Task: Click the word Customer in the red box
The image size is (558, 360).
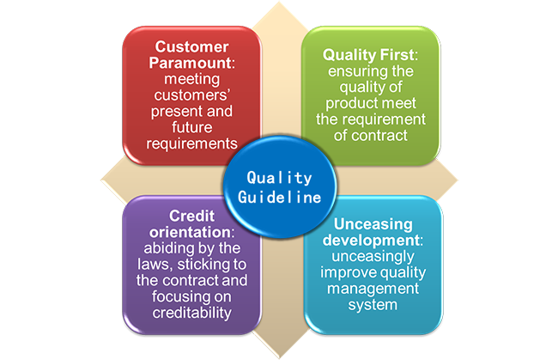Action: tap(191, 47)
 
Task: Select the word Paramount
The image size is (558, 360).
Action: tap(190, 63)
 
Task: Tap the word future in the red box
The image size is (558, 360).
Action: tap(192, 127)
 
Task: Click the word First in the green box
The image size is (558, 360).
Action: tap(397, 55)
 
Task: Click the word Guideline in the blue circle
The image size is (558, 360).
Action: tap(279, 198)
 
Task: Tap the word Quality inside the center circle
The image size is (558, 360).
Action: tap(279, 178)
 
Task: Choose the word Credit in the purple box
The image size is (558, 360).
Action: tap(191, 216)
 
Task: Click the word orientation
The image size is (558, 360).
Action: tap(190, 232)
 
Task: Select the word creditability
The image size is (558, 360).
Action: tap(192, 313)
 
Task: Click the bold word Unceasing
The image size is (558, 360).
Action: tap(373, 224)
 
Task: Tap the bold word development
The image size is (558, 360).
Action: tap(371, 241)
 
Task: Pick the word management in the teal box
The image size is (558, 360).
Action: tap(373, 289)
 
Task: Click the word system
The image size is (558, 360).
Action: tap(373, 305)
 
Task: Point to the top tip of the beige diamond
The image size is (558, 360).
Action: tap(279, 3)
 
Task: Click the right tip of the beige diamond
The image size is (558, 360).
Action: tap(457, 180)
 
